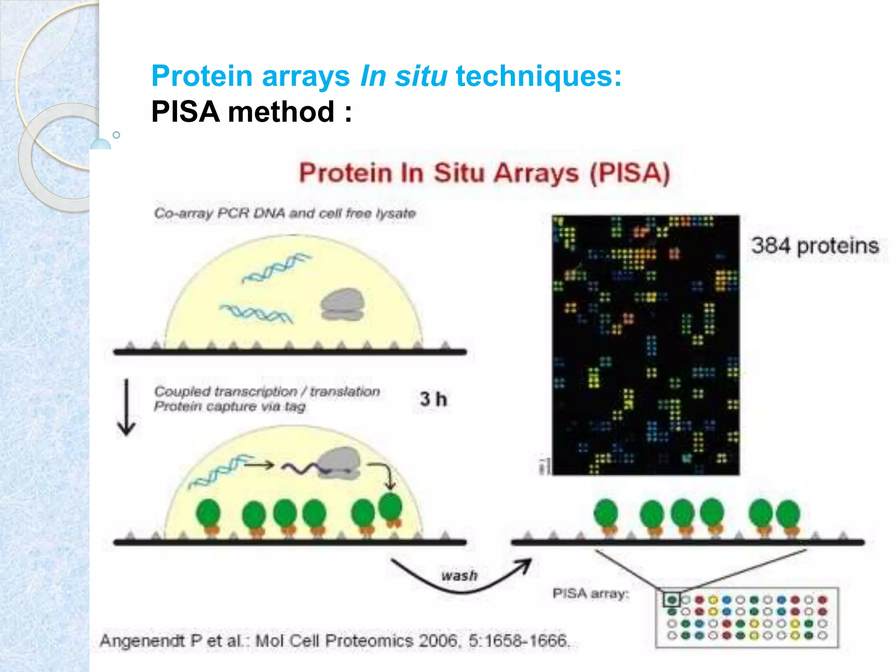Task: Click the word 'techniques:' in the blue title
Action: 538,76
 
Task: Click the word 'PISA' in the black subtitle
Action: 185,112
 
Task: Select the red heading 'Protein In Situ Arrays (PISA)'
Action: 484,173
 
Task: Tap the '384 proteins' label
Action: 815,246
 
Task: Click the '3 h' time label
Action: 433,399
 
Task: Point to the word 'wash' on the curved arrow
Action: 459,576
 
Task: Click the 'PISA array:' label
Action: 590,594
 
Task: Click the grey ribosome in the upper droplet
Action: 342,304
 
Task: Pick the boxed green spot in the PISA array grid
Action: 672,599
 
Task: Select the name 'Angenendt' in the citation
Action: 142,641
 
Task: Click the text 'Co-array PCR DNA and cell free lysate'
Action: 285,213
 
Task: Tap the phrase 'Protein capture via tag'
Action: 230,407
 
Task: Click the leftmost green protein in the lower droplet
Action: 208,514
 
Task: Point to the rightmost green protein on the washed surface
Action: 787,514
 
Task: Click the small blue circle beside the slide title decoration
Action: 116,135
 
